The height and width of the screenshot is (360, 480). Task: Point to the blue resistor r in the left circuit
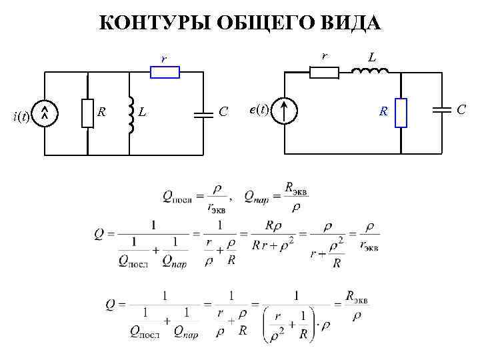[x=165, y=72]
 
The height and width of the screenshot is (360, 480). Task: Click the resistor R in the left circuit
[x=87, y=113]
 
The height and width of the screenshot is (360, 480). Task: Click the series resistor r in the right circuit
[x=324, y=73]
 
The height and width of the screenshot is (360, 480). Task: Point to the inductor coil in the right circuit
[x=374, y=71]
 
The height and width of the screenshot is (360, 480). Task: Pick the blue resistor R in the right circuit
[x=400, y=111]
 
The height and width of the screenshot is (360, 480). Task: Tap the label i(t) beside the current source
[x=21, y=117]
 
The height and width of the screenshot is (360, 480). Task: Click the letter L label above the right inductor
[x=372, y=58]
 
